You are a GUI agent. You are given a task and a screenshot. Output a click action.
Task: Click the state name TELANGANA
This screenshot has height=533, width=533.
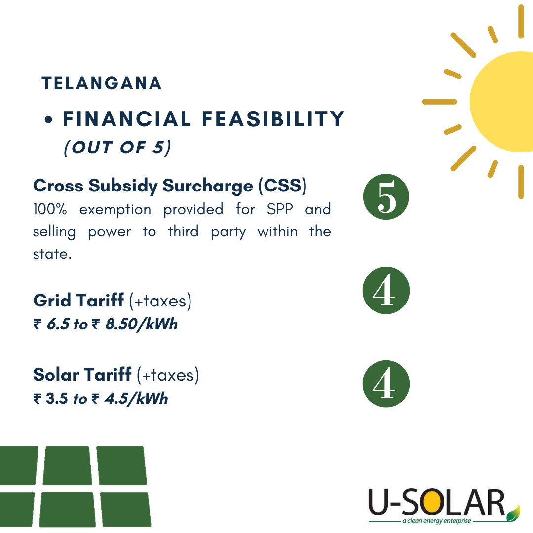[x=102, y=83]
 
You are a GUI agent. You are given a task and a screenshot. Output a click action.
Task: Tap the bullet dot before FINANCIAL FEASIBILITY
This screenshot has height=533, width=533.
[x=49, y=120]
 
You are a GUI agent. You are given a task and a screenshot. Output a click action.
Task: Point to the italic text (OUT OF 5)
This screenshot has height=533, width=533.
[x=117, y=148]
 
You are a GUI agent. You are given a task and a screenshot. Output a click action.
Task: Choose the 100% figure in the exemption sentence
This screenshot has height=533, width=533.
[x=49, y=209]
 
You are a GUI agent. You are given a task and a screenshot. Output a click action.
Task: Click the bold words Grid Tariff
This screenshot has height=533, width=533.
[x=79, y=300]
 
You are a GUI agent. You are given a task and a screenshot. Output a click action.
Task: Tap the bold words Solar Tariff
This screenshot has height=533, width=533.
[x=82, y=375]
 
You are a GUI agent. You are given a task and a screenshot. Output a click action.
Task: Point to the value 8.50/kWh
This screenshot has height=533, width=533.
[x=141, y=325]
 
